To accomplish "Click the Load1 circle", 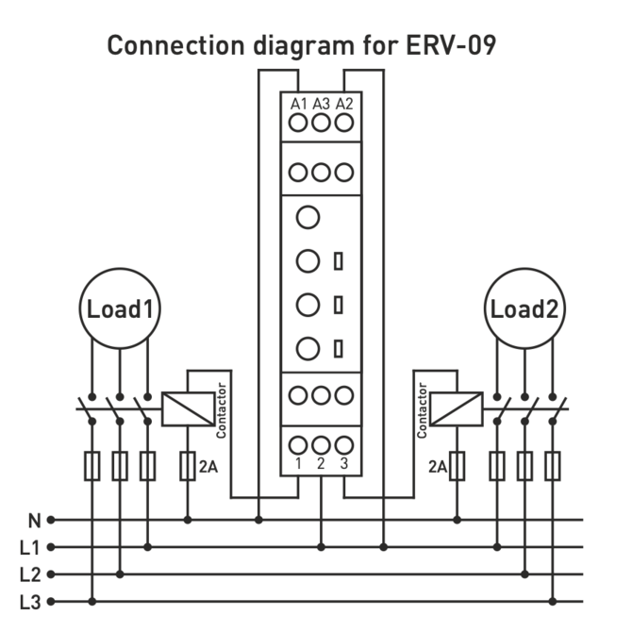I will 120,309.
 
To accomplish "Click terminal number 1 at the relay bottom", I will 298,462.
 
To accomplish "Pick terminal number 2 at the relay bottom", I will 322,462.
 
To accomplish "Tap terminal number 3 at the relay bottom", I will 345,462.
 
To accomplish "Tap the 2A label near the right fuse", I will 436,466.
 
